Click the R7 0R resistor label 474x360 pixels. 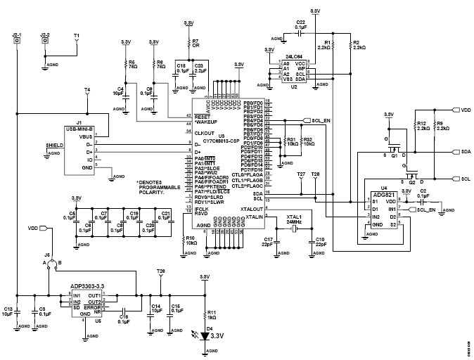click(196, 43)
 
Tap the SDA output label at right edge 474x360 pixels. click(466, 151)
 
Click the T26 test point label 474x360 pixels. click(161, 271)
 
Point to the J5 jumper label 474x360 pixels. click(47, 254)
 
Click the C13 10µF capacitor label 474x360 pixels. click(8, 311)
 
